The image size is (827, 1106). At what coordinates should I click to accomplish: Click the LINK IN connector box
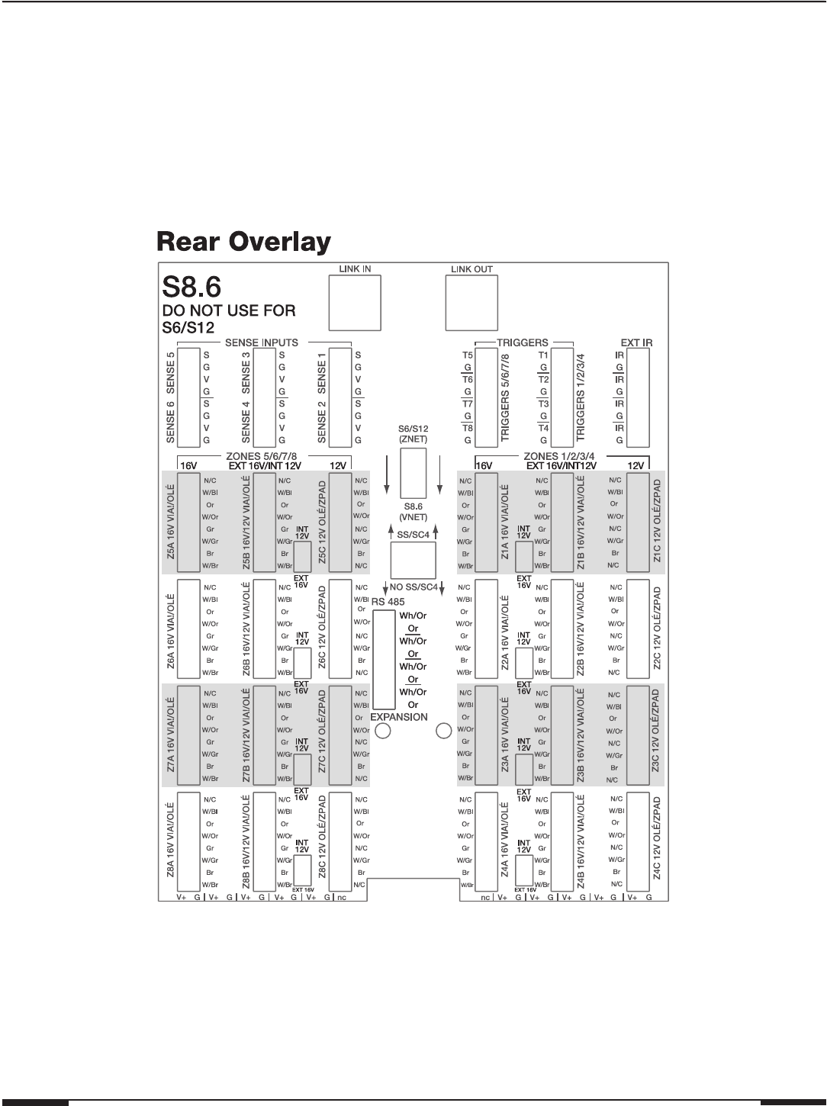point(354,301)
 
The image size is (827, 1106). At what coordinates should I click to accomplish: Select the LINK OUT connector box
point(471,301)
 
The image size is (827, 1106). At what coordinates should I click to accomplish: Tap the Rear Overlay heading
point(244,243)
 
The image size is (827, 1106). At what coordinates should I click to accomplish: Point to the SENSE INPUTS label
point(261,342)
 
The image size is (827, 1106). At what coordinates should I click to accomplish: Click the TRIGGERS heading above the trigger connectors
point(523,342)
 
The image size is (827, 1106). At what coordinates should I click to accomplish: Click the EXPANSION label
point(398,717)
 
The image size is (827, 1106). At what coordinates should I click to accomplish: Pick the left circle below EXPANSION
point(384,731)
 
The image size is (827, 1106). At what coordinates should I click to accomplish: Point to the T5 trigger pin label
point(467,355)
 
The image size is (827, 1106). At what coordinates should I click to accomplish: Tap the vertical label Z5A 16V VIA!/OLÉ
point(170,522)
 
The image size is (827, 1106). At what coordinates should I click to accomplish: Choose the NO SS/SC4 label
point(413,587)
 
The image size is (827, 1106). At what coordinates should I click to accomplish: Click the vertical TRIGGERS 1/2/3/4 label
point(584,398)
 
